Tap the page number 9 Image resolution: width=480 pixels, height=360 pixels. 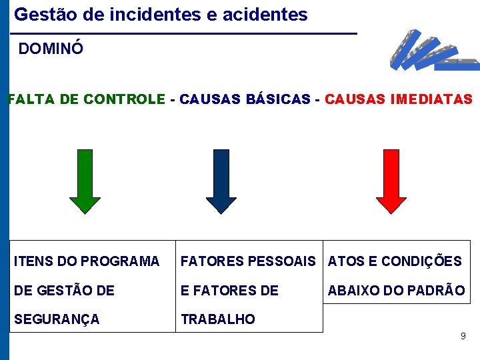[463, 337]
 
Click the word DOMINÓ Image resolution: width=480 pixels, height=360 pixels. [51, 49]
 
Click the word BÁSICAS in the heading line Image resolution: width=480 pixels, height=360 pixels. [279, 100]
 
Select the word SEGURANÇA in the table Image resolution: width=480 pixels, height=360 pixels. [57, 319]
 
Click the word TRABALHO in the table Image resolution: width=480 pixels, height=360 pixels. [218, 319]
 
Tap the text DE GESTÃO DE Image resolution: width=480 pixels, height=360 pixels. [64, 291]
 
